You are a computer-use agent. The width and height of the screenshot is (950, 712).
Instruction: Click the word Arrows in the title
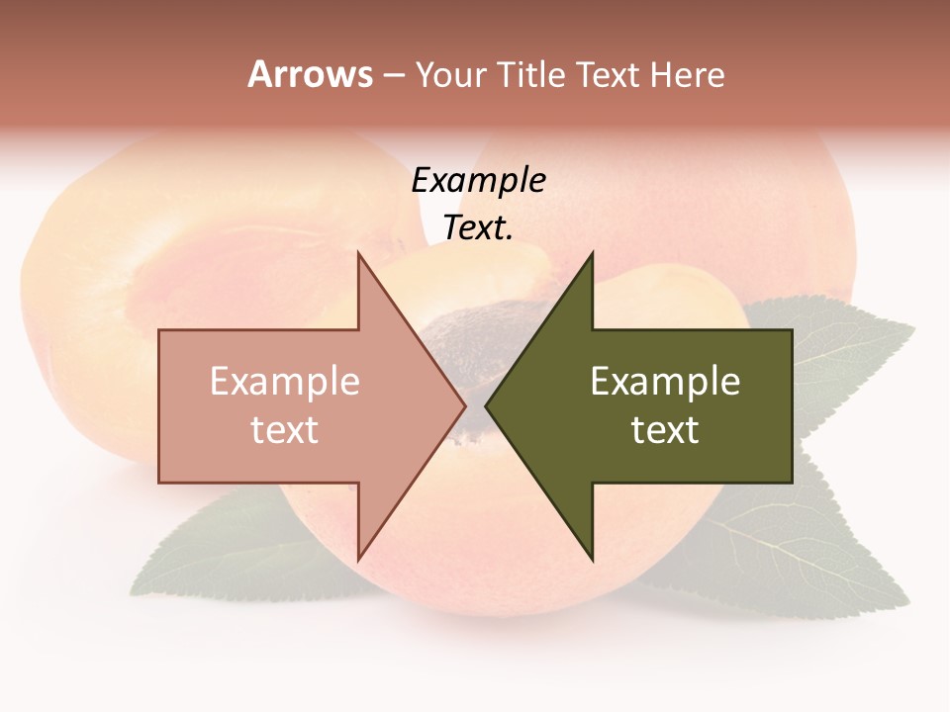(x=310, y=74)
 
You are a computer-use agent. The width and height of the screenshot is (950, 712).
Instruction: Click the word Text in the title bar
(x=609, y=75)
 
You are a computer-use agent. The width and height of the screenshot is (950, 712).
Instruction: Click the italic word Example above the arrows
(x=478, y=180)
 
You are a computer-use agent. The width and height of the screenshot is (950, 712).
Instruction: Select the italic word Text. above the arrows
(x=478, y=227)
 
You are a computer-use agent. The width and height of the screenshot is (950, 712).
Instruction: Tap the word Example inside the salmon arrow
(x=284, y=382)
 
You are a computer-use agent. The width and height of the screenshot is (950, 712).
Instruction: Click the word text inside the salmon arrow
(x=284, y=429)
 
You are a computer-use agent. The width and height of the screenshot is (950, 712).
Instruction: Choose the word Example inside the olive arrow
(x=665, y=382)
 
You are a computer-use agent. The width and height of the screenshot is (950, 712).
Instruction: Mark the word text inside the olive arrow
(x=665, y=429)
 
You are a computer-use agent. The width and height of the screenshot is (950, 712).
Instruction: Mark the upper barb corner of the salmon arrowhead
(x=358, y=255)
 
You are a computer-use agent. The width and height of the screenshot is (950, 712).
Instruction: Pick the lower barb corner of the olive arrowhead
(x=592, y=558)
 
